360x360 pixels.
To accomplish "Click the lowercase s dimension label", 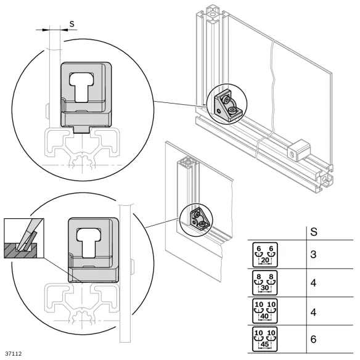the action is click(x=72, y=24).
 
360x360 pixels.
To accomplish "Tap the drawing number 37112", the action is click(x=14, y=354).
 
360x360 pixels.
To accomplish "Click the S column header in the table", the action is click(x=314, y=232).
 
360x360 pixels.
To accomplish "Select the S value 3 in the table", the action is click(x=313, y=255).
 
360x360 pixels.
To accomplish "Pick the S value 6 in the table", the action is click(x=313, y=339).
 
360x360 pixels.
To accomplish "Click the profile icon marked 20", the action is click(x=265, y=255).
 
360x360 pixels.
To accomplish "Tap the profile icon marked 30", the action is click(x=265, y=283).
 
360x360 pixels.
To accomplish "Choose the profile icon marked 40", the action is click(x=265, y=311).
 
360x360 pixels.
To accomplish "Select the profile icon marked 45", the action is click(x=265, y=339).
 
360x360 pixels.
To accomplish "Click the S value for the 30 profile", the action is click(x=313, y=283).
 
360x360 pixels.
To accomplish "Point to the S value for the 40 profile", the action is click(x=313, y=312).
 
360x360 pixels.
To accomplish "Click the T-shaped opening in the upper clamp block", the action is click(x=81, y=87).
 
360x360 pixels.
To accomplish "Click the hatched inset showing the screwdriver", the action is click(x=24, y=238).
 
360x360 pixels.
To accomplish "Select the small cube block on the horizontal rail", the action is click(x=299, y=150).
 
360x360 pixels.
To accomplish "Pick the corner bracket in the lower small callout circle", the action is click(x=200, y=219).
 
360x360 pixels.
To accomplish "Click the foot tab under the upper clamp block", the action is click(x=82, y=129).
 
